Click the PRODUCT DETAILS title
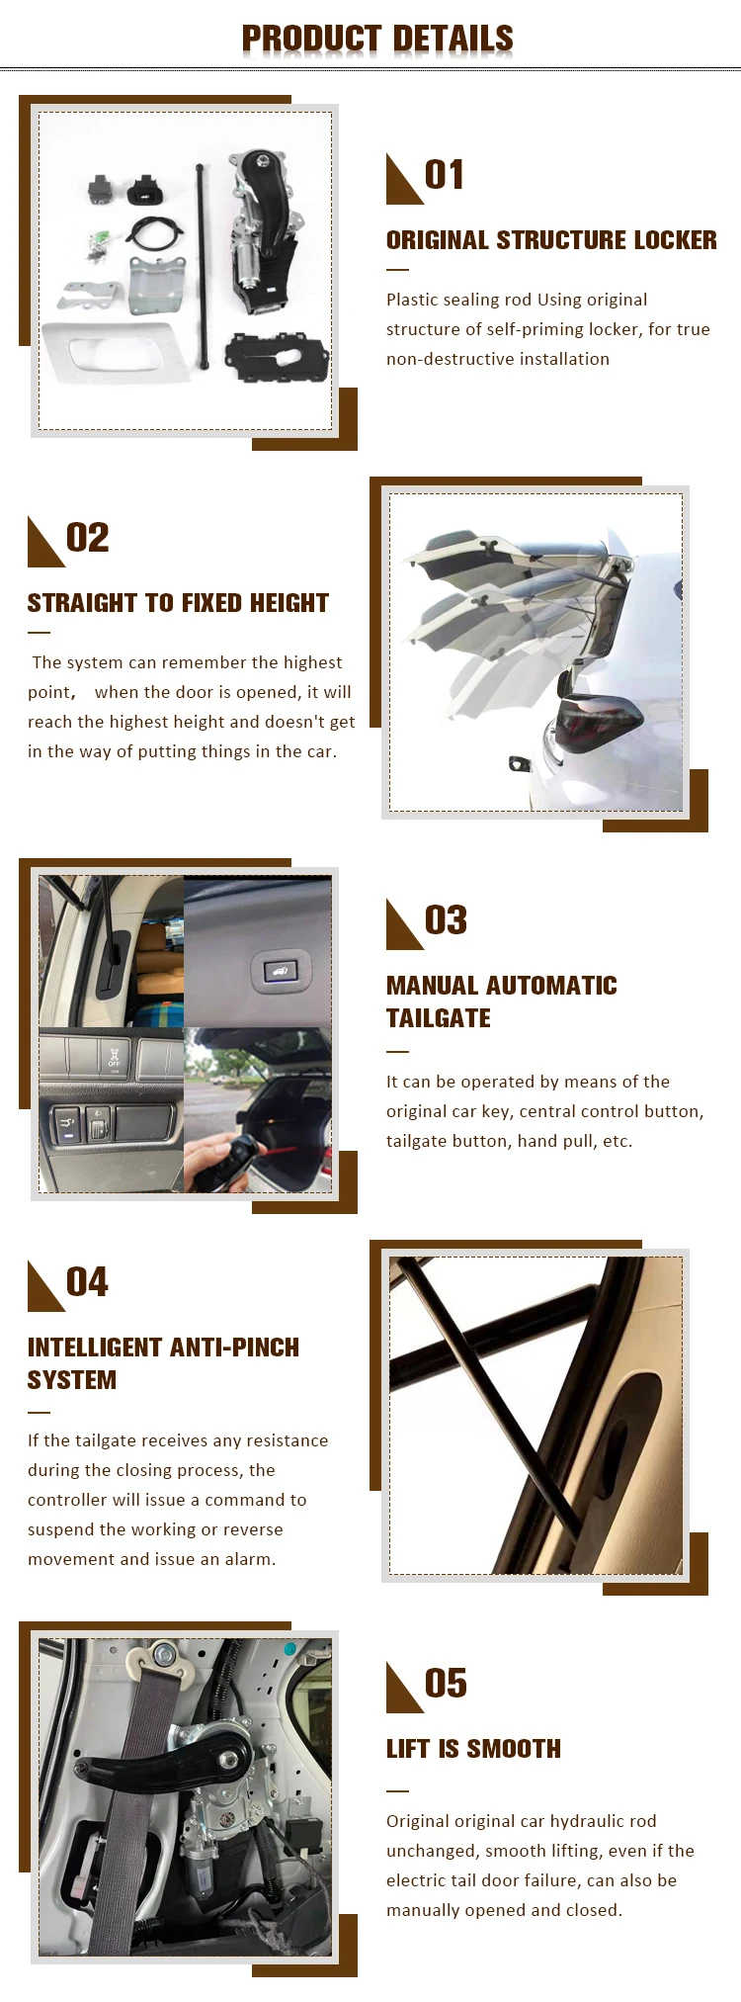377,39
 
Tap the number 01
445,175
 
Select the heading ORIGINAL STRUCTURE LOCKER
550,240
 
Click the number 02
87,538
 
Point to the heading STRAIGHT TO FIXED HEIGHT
178,603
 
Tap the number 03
446,920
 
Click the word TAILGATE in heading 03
439,1018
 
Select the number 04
87,1282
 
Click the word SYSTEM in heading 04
72,1380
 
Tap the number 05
446,1684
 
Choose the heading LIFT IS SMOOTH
473,1749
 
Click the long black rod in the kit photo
202,267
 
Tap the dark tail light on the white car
599,723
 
